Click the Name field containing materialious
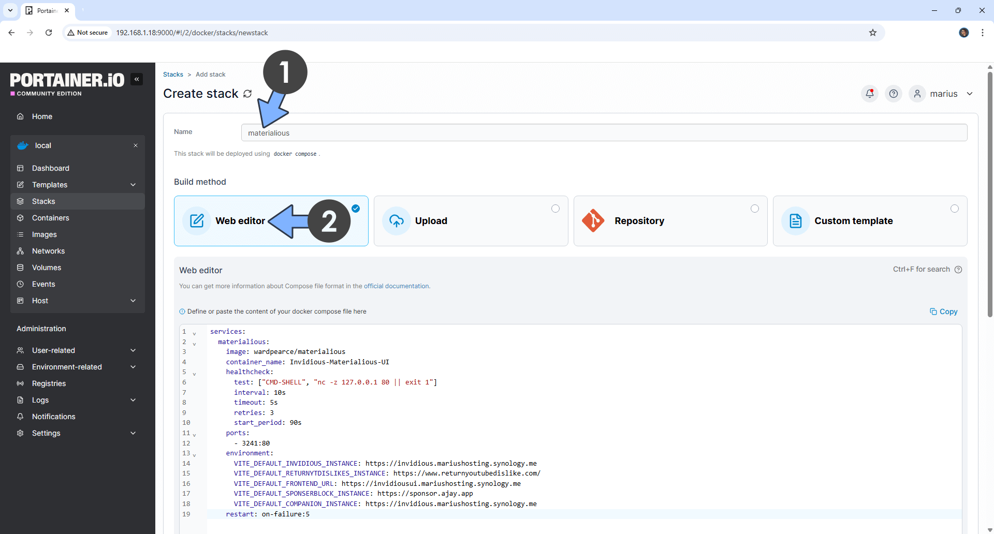pyautogui.click(x=604, y=133)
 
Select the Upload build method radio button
pyautogui.click(x=555, y=209)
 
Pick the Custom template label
pyautogui.click(x=853, y=221)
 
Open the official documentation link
pyautogui.click(x=396, y=286)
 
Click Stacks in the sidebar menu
pyautogui.click(x=43, y=201)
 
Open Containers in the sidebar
pyautogui.click(x=50, y=218)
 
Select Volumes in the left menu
pyautogui.click(x=47, y=268)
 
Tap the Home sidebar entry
pyautogui.click(x=42, y=116)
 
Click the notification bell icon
pyautogui.click(x=870, y=94)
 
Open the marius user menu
pyautogui.click(x=943, y=94)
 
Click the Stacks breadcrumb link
pyautogui.click(x=173, y=75)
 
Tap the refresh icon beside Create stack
pyautogui.click(x=247, y=94)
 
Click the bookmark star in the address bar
pyautogui.click(x=873, y=33)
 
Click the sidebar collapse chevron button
pyautogui.click(x=137, y=79)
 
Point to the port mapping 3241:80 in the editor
pyautogui.click(x=256, y=443)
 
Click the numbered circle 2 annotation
pyautogui.click(x=329, y=221)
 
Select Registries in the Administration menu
pyautogui.click(x=49, y=383)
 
